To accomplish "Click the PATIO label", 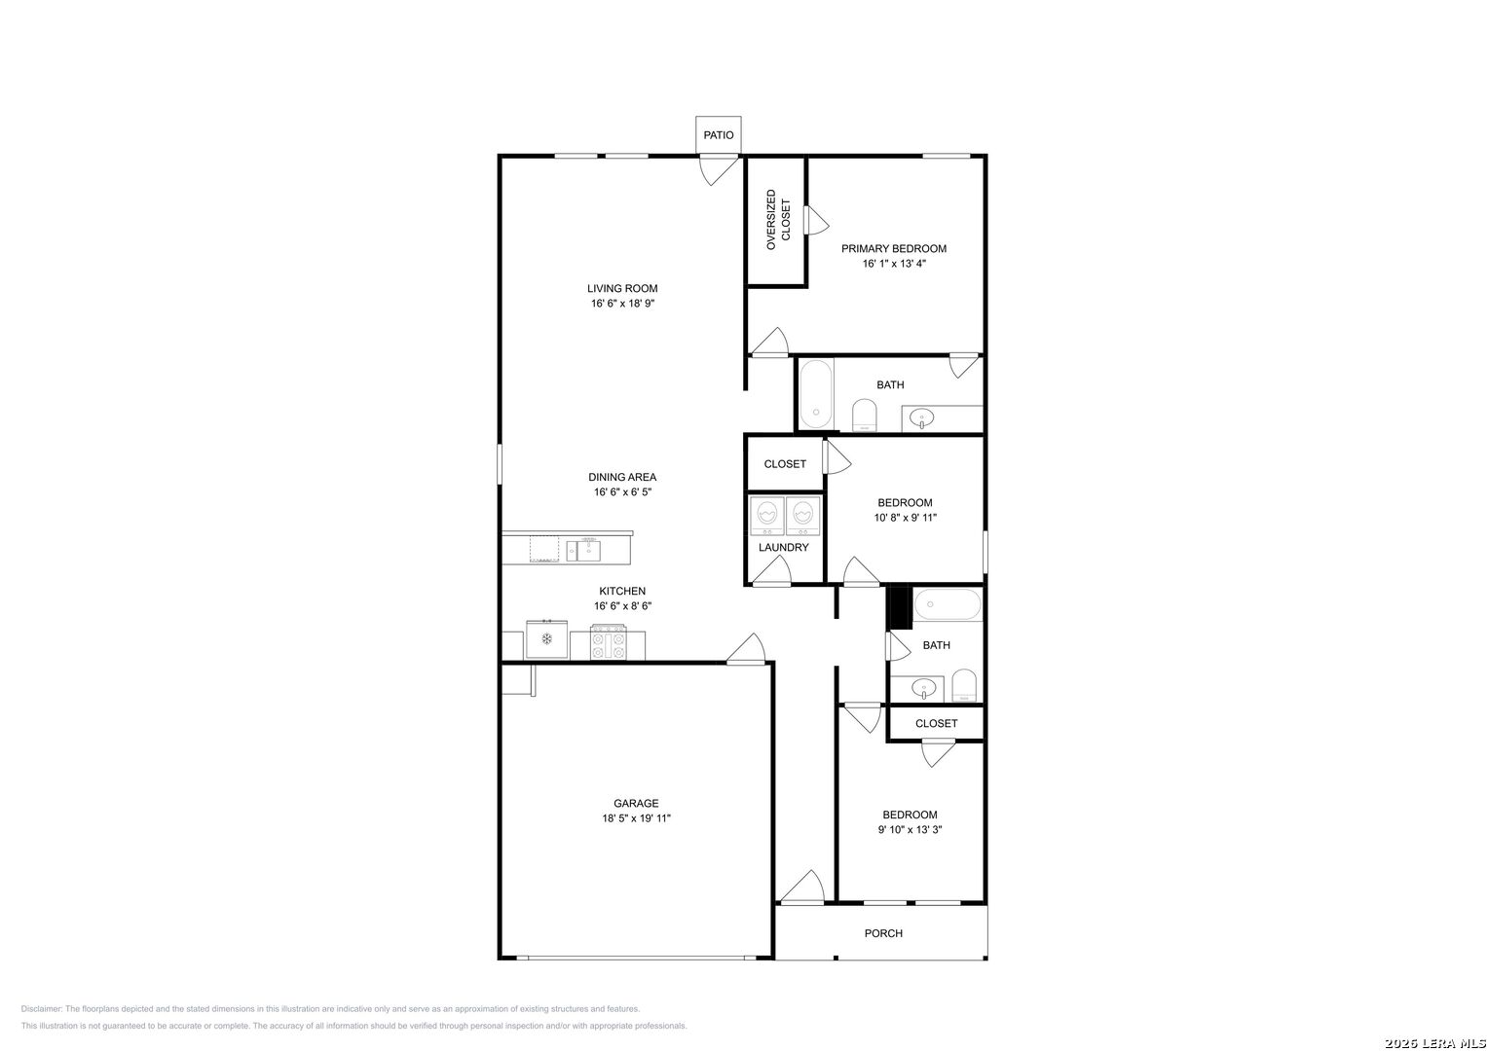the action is (719, 135).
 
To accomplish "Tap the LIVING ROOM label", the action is (622, 289).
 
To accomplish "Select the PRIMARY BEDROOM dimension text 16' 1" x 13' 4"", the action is (894, 264).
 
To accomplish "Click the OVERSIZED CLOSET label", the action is (778, 220).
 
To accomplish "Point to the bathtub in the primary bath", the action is (816, 394).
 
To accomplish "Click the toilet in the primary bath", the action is (865, 416).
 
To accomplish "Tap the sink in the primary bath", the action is (921, 418).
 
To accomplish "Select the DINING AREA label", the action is (622, 477).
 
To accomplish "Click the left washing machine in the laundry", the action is (766, 516).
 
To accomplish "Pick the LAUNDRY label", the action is (783, 547).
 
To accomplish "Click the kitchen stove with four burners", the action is (608, 641).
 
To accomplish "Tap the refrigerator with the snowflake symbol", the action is (546, 639).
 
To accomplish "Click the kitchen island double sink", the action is (583, 551).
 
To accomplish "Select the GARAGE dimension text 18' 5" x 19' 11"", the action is (636, 818).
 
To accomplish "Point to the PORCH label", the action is (883, 933).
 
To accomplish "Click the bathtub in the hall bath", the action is (948, 604).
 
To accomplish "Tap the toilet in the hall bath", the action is (964, 685).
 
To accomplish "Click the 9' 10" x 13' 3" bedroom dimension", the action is (910, 829).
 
